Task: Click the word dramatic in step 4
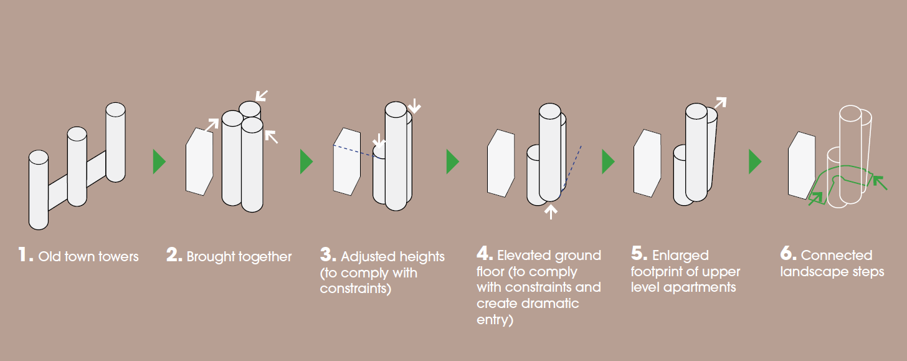point(550,304)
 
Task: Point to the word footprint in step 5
point(659,272)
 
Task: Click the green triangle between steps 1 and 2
point(159,161)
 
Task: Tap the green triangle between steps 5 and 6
point(755,161)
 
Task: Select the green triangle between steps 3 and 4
point(453,161)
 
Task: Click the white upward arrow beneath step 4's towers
point(551,212)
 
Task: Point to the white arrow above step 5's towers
point(720,102)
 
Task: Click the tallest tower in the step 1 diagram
point(115,142)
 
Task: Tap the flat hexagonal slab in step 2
point(199,161)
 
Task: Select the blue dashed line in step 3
point(353,151)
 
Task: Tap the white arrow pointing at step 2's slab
point(212,125)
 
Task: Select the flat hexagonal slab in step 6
point(802,165)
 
